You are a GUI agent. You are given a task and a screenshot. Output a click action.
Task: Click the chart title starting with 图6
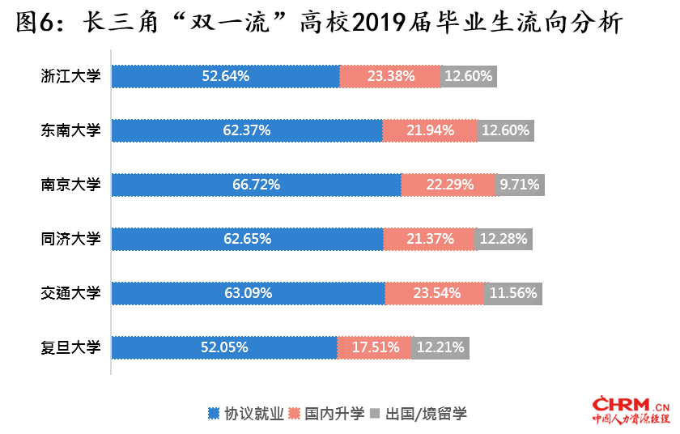(320, 23)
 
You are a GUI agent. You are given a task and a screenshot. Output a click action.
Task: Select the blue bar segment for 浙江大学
(225, 76)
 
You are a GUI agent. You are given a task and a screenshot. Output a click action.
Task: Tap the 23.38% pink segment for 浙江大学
(390, 76)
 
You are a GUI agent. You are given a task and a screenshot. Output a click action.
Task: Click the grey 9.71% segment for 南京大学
(520, 185)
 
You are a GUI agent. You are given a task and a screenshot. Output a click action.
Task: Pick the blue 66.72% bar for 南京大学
(256, 185)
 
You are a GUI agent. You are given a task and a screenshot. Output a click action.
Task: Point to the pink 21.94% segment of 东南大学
(429, 130)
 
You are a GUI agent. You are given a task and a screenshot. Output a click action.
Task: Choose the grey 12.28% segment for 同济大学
(504, 239)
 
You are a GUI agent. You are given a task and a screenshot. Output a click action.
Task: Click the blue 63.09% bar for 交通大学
(248, 293)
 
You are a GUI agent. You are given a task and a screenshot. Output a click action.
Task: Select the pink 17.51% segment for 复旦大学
(375, 347)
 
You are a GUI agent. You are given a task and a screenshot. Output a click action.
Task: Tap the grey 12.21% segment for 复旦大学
(440, 347)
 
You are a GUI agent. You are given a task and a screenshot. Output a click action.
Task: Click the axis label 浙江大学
(70, 76)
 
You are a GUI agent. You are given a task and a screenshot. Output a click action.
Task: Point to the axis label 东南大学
(70, 130)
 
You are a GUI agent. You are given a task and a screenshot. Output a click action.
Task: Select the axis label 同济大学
(70, 239)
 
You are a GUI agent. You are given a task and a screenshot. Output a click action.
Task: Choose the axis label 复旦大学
(70, 347)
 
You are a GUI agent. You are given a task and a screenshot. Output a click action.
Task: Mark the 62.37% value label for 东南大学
(246, 130)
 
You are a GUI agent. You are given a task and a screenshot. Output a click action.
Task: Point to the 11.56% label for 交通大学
(513, 293)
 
